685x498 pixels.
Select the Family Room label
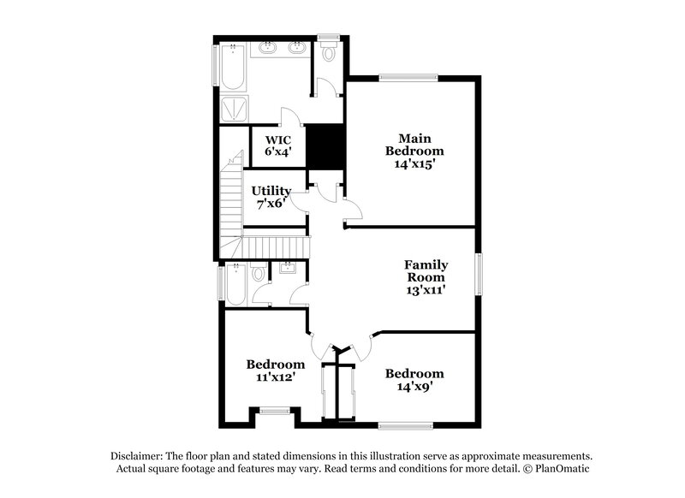(x=426, y=271)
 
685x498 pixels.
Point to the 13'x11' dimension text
(x=426, y=290)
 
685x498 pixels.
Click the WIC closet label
(x=278, y=139)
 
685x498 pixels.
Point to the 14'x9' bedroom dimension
(x=414, y=387)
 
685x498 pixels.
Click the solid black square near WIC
(x=325, y=147)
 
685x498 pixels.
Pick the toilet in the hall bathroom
(x=258, y=275)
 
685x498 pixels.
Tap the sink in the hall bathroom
(x=286, y=269)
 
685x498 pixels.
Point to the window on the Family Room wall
(x=479, y=276)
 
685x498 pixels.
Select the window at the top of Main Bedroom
(x=405, y=78)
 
